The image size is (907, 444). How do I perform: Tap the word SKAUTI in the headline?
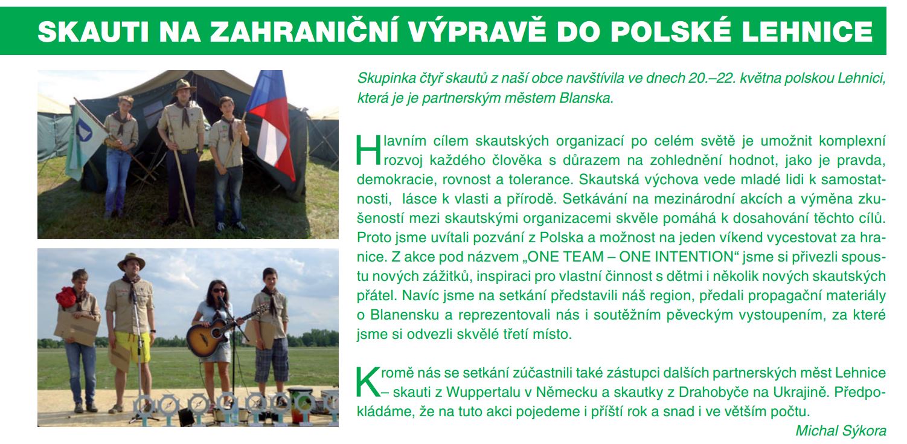coord(94,31)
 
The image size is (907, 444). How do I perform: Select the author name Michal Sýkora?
coord(841,431)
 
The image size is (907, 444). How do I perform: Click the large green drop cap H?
coord(368,150)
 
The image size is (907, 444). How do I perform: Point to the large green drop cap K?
coord(368,382)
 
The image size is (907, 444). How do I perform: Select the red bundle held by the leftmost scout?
coord(66,297)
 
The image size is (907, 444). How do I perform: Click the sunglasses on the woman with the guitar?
coord(219,290)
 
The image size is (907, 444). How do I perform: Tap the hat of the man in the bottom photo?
coord(131,262)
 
